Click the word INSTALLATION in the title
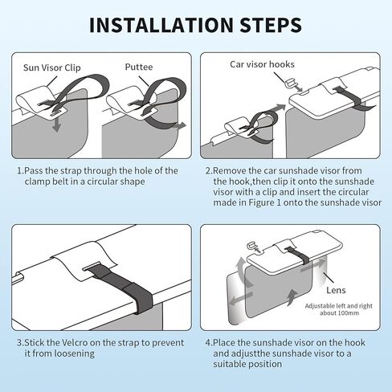click(161, 25)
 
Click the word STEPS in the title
click(271, 25)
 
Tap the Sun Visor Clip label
click(52, 67)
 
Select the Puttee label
click(139, 67)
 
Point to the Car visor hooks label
click(262, 64)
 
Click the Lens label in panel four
click(336, 290)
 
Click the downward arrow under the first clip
click(56, 125)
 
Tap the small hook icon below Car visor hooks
click(290, 82)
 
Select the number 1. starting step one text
click(20, 171)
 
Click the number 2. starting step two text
click(209, 171)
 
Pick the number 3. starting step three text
click(20, 343)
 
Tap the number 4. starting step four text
click(209, 343)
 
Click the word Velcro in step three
click(75, 343)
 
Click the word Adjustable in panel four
click(318, 306)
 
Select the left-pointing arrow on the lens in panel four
click(241, 299)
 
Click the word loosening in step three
click(75, 353)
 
